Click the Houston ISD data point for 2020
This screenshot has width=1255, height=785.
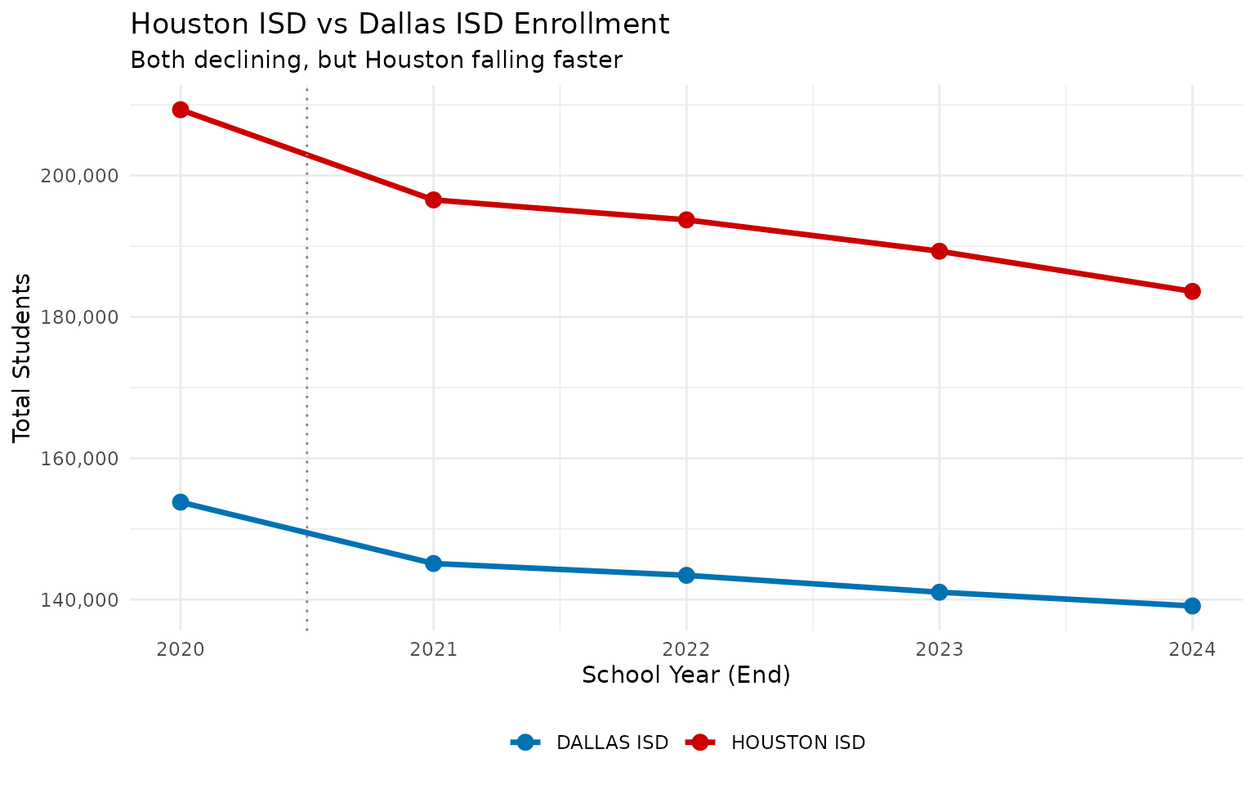[x=181, y=110]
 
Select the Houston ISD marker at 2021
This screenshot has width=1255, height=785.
[x=433, y=200]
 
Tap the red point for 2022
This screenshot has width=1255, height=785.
[x=686, y=220]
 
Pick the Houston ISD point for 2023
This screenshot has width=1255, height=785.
[x=940, y=251]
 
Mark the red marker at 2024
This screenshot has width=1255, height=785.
[x=1192, y=291]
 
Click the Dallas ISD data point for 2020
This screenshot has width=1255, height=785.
[x=181, y=502]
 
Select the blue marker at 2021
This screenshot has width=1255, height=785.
[x=433, y=563]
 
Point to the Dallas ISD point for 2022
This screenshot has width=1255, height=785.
[x=686, y=575]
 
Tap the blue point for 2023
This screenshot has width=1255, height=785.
[x=940, y=592]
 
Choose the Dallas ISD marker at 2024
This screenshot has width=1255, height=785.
[x=1192, y=606]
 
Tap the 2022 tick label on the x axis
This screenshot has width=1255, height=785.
[x=686, y=650]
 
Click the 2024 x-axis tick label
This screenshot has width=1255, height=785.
[x=1192, y=650]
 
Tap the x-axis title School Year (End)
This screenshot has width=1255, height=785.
[x=686, y=675]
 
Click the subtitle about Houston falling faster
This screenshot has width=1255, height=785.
[x=376, y=61]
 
